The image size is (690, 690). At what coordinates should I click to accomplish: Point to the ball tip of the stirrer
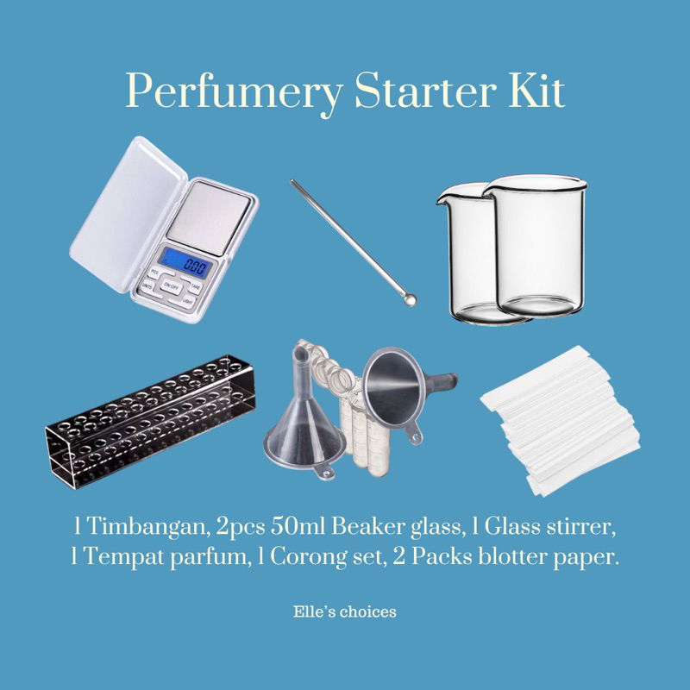pyautogui.click(x=411, y=299)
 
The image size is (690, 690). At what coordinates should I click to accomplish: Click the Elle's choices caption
pyautogui.click(x=345, y=612)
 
